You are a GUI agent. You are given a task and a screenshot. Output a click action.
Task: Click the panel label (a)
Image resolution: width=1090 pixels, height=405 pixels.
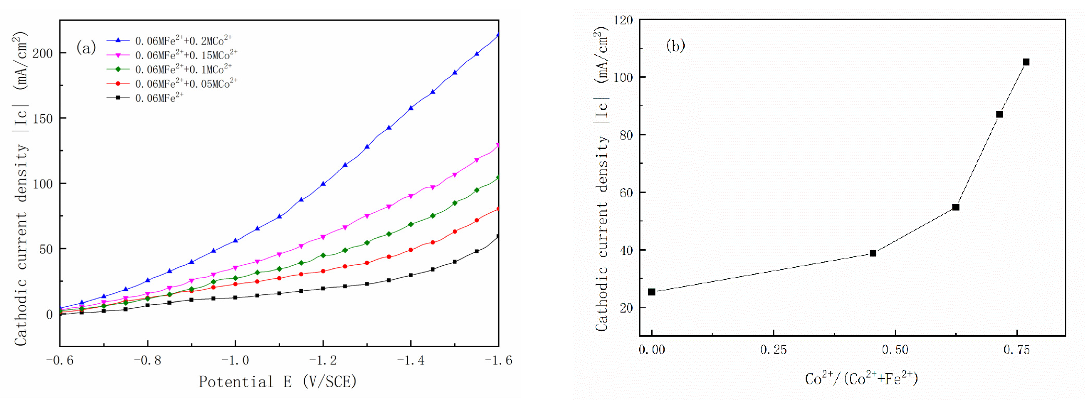tap(86, 48)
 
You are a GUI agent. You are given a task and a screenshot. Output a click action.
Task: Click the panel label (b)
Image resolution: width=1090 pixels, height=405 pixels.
tap(675, 45)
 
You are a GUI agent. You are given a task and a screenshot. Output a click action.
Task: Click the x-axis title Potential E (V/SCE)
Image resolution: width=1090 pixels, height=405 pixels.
tap(278, 382)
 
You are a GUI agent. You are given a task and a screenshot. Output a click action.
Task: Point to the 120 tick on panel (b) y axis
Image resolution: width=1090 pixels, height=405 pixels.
tap(623, 20)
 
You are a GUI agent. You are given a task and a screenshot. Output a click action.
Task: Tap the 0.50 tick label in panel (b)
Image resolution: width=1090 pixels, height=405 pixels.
tap(895, 350)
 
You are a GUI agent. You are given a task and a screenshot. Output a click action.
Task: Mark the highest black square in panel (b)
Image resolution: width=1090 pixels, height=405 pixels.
tap(1026, 62)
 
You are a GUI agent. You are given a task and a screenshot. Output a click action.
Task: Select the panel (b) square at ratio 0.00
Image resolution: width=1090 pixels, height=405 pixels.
tap(652, 292)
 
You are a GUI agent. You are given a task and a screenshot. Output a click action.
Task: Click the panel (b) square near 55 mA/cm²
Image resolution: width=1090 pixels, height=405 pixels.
tap(956, 207)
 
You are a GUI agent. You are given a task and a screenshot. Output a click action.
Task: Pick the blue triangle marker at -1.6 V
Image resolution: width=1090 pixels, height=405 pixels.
tap(498, 35)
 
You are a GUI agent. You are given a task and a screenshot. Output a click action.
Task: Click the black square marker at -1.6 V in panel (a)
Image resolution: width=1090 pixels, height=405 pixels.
tap(498, 236)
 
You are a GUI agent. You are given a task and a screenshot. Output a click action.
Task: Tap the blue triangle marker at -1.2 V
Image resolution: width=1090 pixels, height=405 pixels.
tap(323, 184)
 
